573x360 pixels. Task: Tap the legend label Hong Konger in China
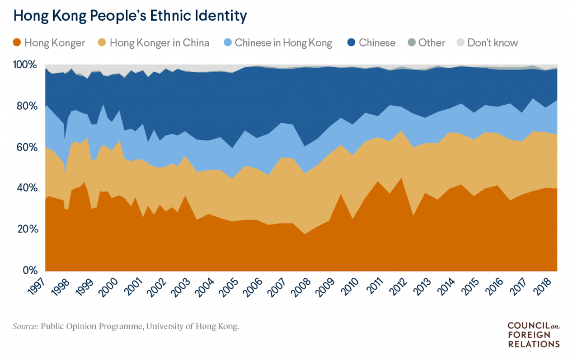click(x=159, y=43)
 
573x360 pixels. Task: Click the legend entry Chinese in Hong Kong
click(x=283, y=43)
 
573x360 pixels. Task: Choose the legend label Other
click(x=431, y=43)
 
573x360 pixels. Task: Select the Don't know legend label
click(x=492, y=43)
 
